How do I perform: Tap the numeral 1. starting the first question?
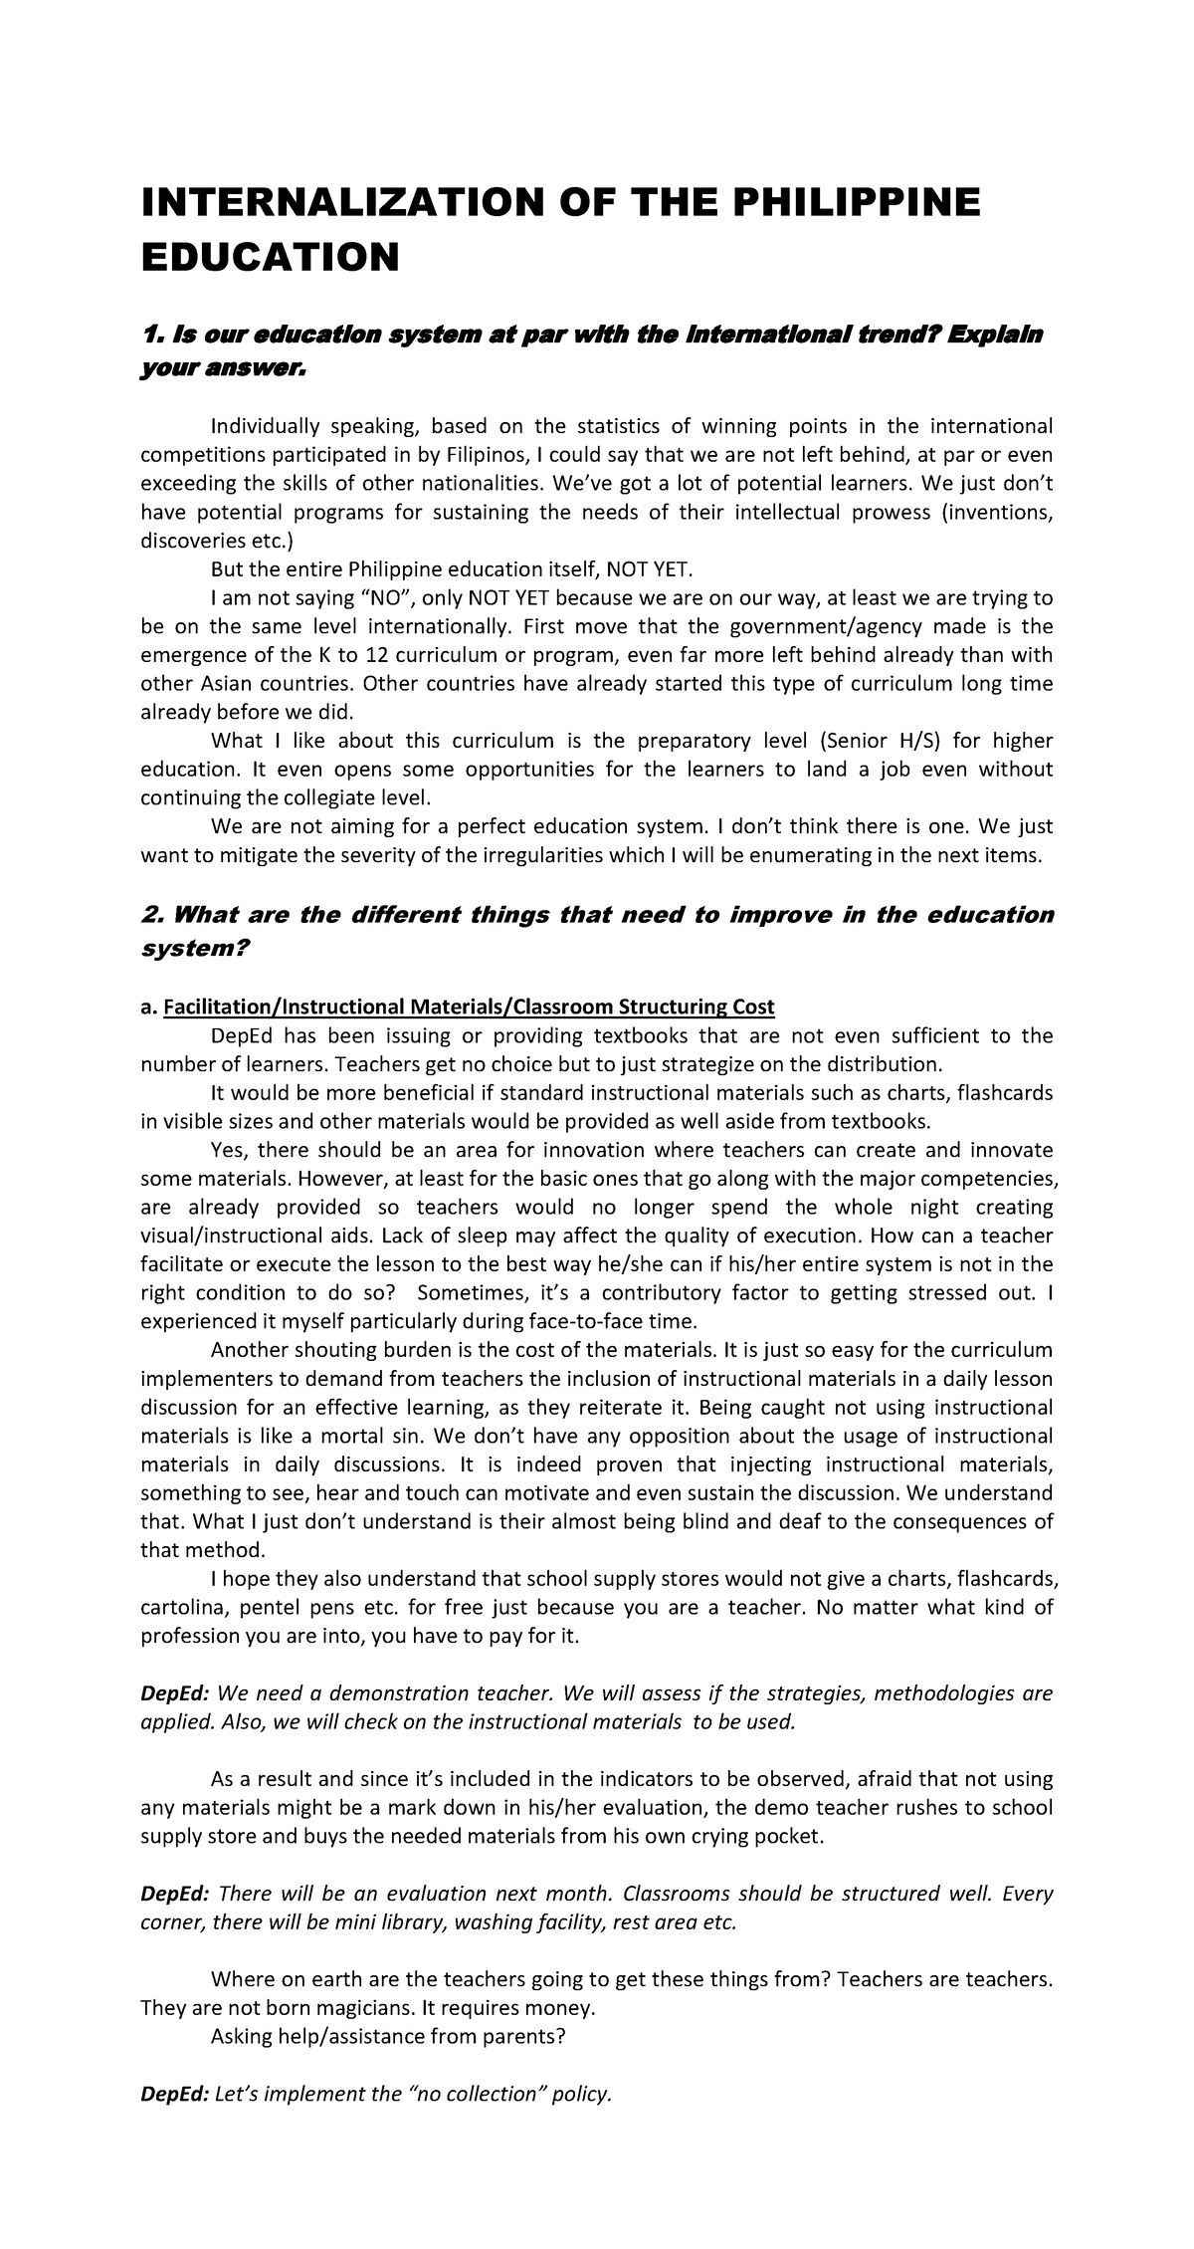click(x=150, y=335)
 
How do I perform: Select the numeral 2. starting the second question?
click(x=152, y=915)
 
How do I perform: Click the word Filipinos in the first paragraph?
click(x=485, y=455)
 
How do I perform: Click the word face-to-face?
click(x=600, y=1321)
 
